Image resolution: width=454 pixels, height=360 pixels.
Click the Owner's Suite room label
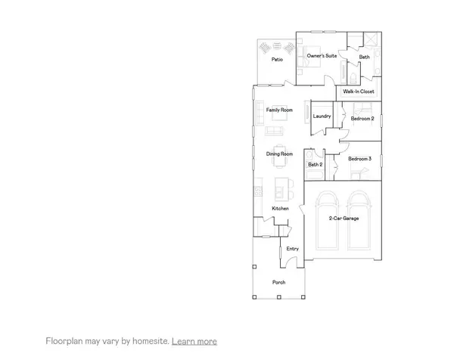click(321, 56)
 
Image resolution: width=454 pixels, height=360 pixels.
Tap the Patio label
click(277, 59)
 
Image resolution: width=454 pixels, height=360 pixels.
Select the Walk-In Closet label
click(358, 92)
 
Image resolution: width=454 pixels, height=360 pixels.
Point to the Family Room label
click(278, 110)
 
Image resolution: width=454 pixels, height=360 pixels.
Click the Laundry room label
click(322, 116)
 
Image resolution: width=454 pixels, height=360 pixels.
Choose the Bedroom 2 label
click(362, 119)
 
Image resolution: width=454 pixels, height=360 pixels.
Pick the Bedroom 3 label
click(359, 159)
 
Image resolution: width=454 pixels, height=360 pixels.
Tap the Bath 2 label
click(315, 164)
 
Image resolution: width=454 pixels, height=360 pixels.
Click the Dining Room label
click(279, 154)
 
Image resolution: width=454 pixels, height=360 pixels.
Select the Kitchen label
click(280, 208)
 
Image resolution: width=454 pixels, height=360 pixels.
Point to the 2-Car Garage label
click(344, 219)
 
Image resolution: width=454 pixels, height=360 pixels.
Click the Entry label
click(292, 248)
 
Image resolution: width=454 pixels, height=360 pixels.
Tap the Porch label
click(279, 283)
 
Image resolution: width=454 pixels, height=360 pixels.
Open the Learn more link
click(194, 341)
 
